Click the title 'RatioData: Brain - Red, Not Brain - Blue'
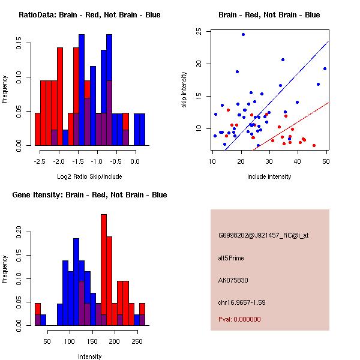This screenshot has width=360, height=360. point(89,15)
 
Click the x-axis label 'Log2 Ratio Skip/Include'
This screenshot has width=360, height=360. point(89,177)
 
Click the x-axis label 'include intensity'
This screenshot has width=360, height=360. point(269,176)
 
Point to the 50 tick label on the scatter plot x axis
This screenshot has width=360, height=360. point(326,162)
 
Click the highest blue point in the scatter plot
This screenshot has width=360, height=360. point(243,34)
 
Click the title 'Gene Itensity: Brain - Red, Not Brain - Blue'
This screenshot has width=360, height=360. point(89,195)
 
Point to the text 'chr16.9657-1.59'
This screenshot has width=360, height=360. point(242,302)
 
